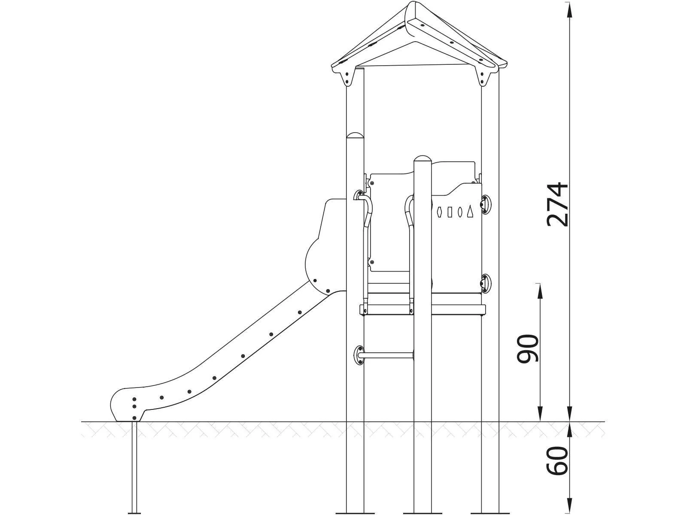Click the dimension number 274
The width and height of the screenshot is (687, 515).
[x=557, y=204]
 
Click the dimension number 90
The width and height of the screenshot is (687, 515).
[x=528, y=348]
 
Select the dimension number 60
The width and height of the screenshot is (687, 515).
[x=557, y=460]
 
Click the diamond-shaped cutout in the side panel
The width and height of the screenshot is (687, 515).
[x=439, y=212]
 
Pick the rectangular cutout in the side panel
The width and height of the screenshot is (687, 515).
[x=449, y=212]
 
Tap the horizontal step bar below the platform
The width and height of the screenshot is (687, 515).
[x=386, y=355]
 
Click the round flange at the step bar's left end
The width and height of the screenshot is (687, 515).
[x=359, y=355]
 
